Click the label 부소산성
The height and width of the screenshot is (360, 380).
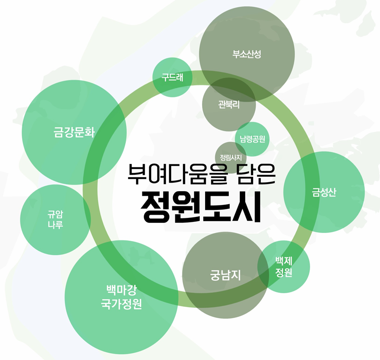[x=247, y=54]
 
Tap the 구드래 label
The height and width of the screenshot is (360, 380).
[x=172, y=77]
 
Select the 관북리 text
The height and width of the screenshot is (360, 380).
[x=229, y=105]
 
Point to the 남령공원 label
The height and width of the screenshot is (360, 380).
[x=253, y=139]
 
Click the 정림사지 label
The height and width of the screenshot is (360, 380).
[x=230, y=158]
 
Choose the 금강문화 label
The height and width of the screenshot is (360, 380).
[x=74, y=132]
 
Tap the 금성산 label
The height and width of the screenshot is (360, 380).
[x=324, y=192]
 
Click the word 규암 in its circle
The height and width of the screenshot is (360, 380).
[x=55, y=214]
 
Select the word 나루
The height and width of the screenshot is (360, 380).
[x=55, y=225]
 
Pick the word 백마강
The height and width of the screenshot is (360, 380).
[x=121, y=290]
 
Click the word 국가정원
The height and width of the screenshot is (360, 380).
[x=121, y=304]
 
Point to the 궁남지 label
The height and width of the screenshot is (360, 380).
[x=225, y=275]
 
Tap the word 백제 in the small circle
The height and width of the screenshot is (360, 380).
[x=283, y=261]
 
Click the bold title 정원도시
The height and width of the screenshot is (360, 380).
[x=201, y=207]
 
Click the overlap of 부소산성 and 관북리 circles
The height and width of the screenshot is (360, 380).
[x=230, y=89]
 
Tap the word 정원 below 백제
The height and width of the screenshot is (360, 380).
[x=283, y=272]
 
